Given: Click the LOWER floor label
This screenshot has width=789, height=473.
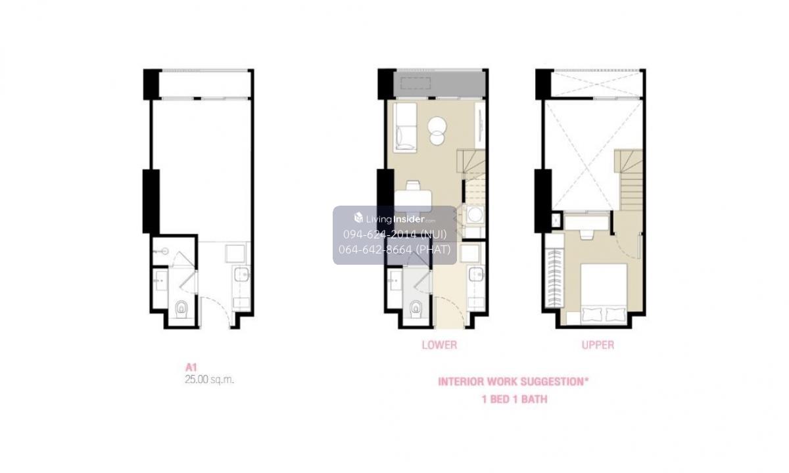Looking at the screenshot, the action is (x=439, y=345).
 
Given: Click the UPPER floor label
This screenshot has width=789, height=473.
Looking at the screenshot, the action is (x=598, y=345).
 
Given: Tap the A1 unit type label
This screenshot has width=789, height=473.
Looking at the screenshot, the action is (x=191, y=367).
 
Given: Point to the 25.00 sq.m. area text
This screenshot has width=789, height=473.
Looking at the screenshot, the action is (x=209, y=380).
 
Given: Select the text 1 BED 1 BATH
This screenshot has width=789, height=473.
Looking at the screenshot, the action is (x=514, y=399).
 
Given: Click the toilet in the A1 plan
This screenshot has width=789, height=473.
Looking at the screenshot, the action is (x=181, y=309).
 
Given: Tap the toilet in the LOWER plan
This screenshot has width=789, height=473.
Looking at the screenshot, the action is (x=416, y=309).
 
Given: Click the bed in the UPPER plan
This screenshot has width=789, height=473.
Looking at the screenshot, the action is (x=604, y=293).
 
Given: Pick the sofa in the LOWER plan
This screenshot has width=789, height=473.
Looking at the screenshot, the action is (x=405, y=127).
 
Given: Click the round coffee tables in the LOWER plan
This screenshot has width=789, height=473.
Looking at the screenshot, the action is (x=437, y=131).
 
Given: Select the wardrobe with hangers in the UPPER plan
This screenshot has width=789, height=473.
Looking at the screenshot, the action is (x=554, y=278).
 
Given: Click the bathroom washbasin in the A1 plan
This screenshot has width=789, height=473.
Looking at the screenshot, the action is (x=160, y=280).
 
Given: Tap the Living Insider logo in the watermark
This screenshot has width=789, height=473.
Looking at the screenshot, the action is (x=394, y=219).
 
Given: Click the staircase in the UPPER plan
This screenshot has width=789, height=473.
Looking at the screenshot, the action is (x=629, y=180).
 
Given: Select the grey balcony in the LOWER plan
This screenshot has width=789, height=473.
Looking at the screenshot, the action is (x=439, y=84).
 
